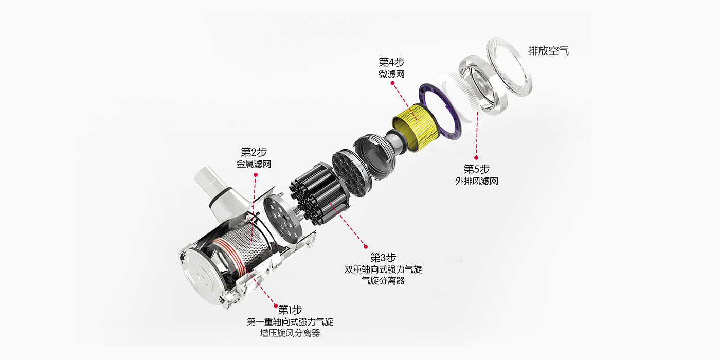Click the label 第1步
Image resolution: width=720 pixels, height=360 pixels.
pyautogui.click(x=290, y=310)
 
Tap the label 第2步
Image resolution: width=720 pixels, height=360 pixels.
pyautogui.click(x=254, y=152)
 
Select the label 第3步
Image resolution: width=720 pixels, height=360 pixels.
pyautogui.click(x=383, y=258)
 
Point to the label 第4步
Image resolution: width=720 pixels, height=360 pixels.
pyautogui.click(x=391, y=62)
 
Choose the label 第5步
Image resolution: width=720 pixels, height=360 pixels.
pyautogui.click(x=476, y=169)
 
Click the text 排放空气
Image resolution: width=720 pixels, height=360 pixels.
pyautogui.click(x=548, y=51)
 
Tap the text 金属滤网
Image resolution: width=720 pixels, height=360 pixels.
pyautogui.click(x=254, y=164)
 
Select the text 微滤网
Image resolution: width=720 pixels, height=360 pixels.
pyautogui.click(x=391, y=74)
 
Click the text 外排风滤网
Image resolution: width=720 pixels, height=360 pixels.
pyautogui.click(x=477, y=181)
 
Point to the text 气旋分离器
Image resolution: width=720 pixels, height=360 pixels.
pyautogui.click(x=383, y=281)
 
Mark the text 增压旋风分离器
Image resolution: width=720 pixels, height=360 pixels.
pyautogui.click(x=290, y=333)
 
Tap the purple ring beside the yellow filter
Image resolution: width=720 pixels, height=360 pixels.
pyautogui.click(x=440, y=111)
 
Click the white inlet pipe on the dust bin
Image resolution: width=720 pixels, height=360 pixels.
pyautogui.click(x=222, y=193)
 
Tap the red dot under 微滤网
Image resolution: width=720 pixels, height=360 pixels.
pyautogui.click(x=392, y=83)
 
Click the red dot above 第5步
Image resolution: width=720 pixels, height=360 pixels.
pyautogui.click(x=476, y=157)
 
